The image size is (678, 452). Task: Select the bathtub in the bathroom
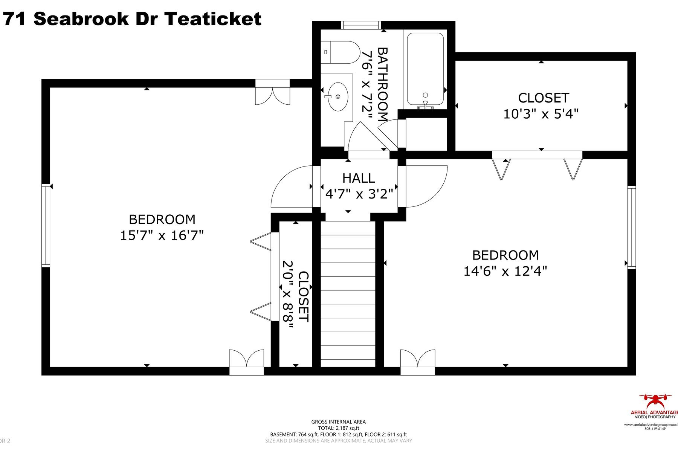pos(425,70)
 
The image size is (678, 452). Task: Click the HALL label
pos(359,178)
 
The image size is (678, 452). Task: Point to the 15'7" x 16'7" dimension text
pos(162,236)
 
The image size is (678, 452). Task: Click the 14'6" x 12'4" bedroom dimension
pos(505,271)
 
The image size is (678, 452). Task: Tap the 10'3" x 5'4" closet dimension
pos(541,114)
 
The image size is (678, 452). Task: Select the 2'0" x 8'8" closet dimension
pos(288,295)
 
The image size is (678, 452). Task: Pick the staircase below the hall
pos(348,294)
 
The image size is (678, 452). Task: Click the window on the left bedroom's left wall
pos(46,225)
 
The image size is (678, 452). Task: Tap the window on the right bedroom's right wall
pos(631,227)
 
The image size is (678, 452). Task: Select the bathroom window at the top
pos(360,25)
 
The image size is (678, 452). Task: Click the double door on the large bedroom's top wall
pos(273,92)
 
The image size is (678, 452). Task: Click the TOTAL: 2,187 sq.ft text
pos(338,428)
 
